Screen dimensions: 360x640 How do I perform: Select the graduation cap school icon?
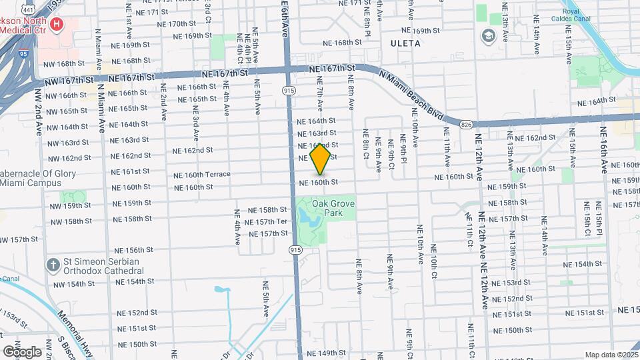click(489, 35)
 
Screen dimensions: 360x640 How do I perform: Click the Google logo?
click(21, 351)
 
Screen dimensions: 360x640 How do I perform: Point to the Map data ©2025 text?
click(611, 355)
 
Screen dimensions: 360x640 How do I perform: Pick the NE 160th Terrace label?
click(201, 175)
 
